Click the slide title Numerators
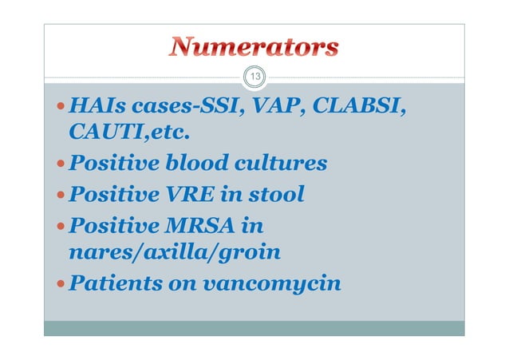(x=253, y=47)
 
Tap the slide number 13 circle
(x=254, y=77)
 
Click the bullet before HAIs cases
(x=61, y=107)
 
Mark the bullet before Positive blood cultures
(x=61, y=165)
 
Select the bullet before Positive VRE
(x=61, y=195)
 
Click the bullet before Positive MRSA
(x=61, y=225)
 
